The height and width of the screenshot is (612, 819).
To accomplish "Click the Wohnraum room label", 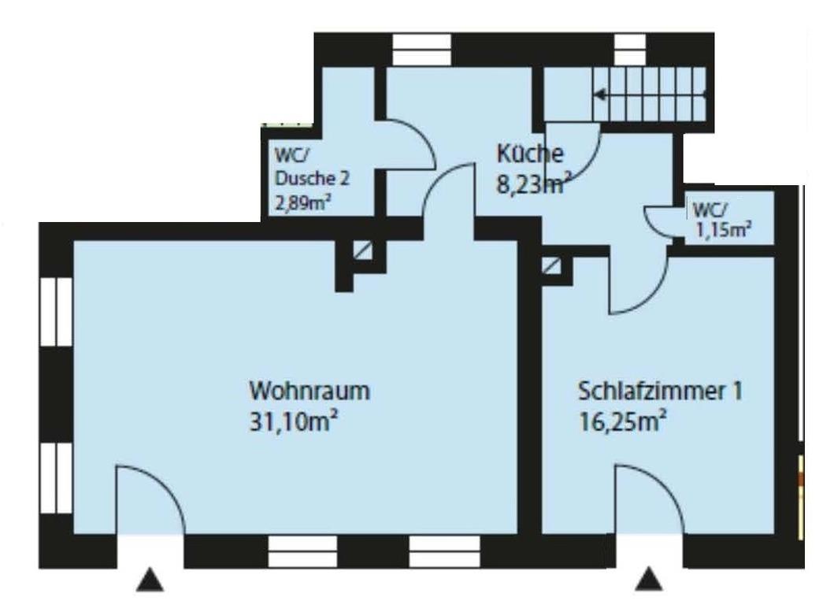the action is pos(309,391).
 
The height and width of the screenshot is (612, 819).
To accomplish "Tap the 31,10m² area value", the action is pos(293,421).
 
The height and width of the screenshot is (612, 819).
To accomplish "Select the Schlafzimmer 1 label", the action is pos(660,391).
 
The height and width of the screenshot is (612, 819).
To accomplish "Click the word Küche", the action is pos(530,154).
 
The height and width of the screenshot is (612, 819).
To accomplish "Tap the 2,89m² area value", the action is pos(303,202).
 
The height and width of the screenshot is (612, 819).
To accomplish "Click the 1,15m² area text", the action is pos(723,229).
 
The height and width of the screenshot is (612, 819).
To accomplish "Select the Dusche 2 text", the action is pos(312,178).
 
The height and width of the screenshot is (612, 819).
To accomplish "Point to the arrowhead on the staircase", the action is pos(599,95).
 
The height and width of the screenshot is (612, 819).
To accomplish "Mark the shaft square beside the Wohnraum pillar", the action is pos(362,250).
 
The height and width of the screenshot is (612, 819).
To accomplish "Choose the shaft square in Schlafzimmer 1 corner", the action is pos(551,266).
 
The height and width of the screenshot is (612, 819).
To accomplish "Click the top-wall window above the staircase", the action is pos(630,50).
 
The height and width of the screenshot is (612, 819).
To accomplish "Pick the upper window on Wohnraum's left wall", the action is pos(56,311).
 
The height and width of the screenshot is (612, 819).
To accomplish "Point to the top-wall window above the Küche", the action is pos(421,50).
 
